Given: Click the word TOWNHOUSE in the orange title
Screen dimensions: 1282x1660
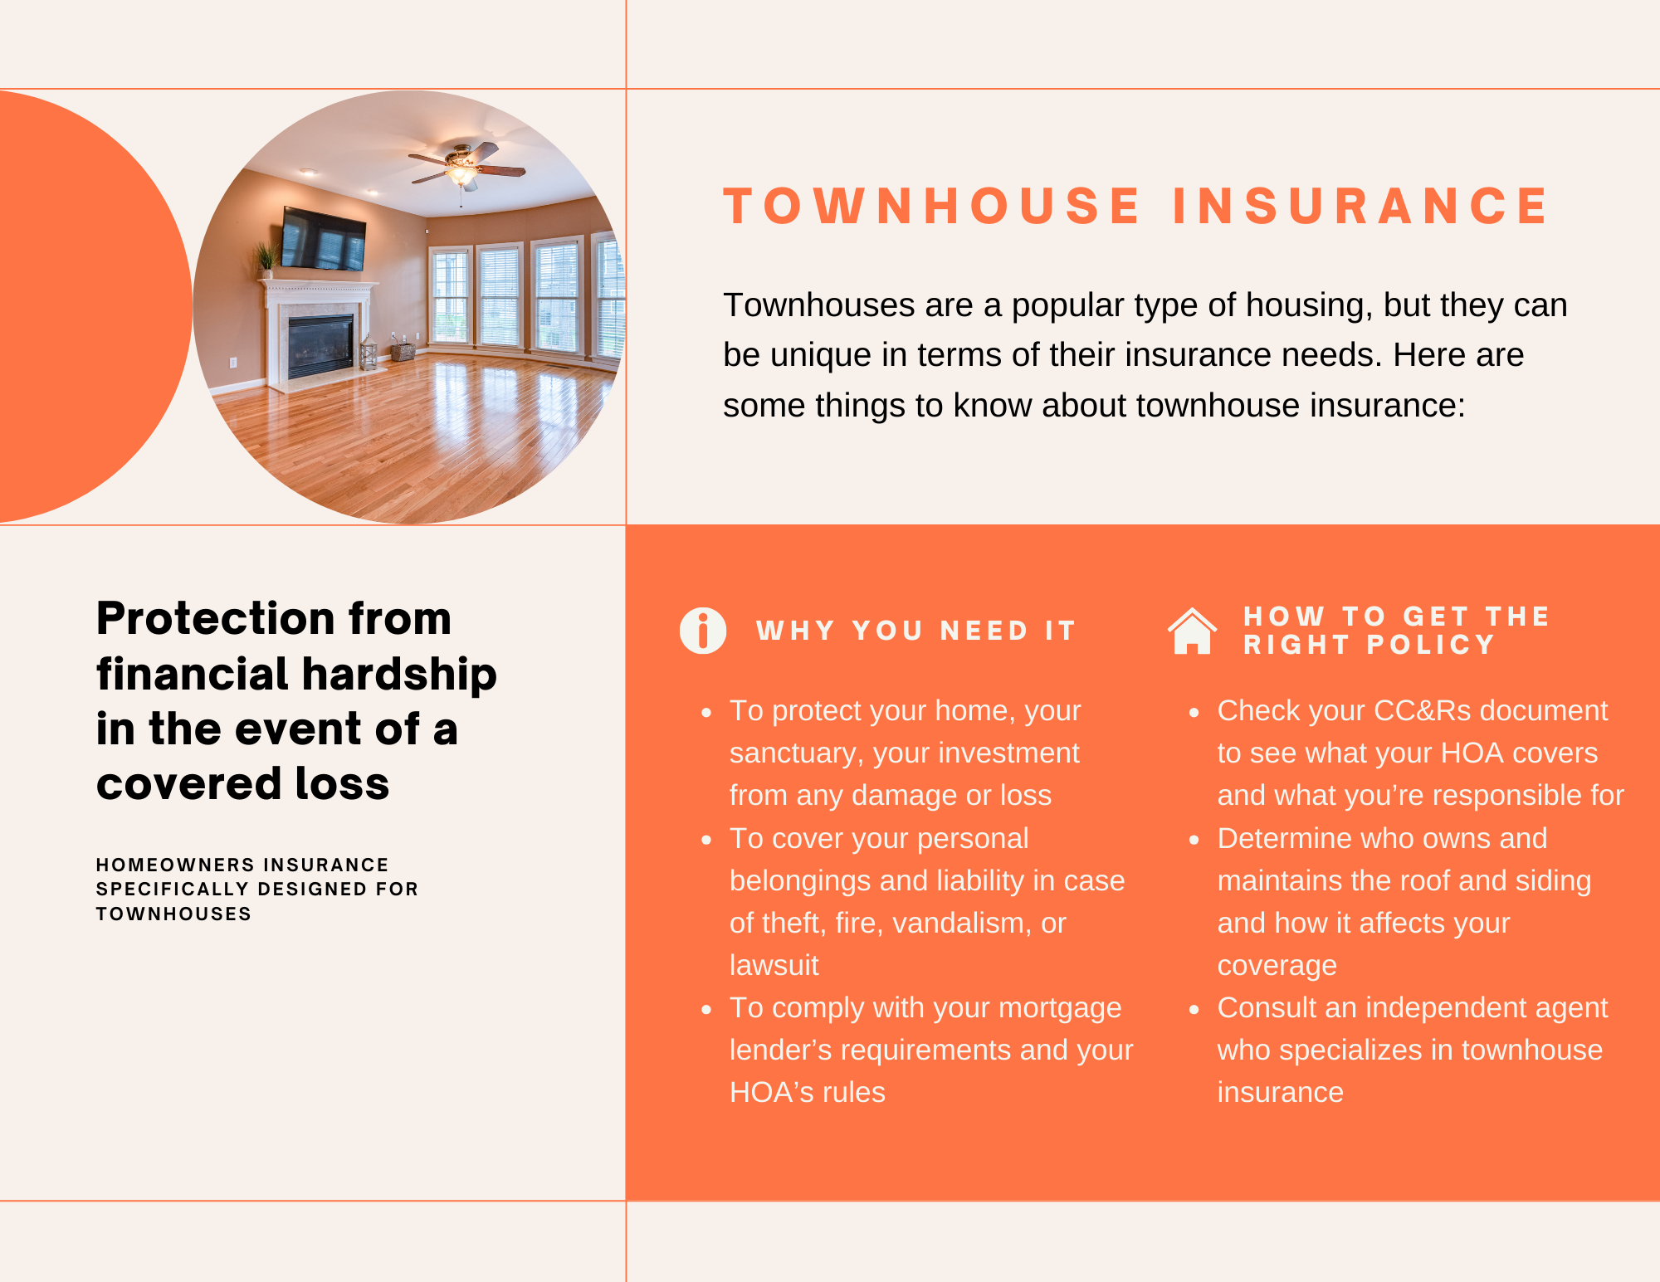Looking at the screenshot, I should click(x=932, y=206).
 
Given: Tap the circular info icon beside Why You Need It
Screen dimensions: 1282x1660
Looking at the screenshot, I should click(x=703, y=631).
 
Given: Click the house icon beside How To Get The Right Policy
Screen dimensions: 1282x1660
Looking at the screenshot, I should click(x=1192, y=631).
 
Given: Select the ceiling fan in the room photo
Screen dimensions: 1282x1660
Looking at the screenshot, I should click(x=466, y=166).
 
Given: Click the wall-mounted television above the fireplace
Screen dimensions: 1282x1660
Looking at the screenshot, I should click(x=323, y=239).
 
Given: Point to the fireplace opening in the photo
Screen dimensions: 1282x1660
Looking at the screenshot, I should click(x=320, y=346).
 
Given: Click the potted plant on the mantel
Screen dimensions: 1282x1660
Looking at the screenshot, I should click(x=266, y=258).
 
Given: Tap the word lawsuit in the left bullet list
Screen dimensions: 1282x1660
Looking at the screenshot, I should click(x=774, y=965).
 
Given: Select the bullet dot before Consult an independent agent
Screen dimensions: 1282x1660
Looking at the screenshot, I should click(x=1194, y=1009).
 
